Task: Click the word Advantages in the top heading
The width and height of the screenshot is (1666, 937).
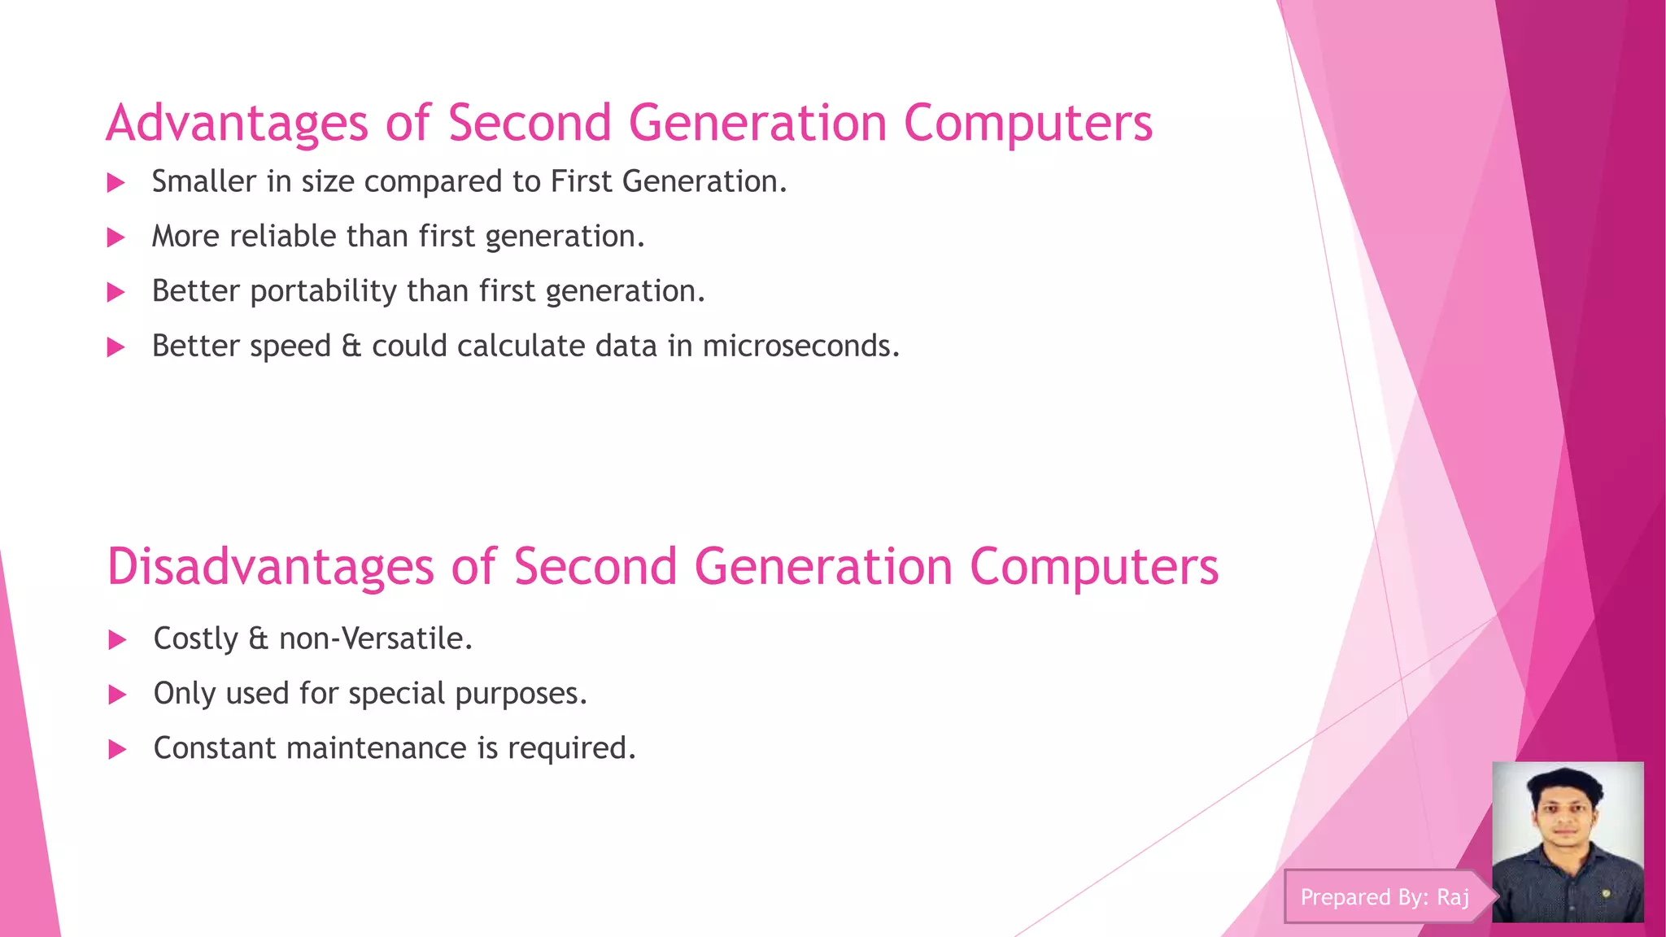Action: coord(237,124)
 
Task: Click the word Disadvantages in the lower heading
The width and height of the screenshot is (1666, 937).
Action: coord(270,567)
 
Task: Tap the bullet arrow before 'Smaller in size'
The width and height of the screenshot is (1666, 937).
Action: coord(116,182)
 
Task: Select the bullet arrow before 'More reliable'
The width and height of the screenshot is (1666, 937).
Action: coord(116,238)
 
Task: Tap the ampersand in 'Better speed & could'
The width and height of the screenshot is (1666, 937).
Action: coord(351,346)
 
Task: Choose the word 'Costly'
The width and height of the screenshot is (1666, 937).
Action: coord(195,639)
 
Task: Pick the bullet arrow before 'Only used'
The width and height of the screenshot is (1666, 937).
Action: coord(118,695)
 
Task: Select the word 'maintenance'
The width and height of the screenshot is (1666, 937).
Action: coord(377,748)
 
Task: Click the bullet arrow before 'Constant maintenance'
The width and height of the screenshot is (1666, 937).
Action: coord(118,749)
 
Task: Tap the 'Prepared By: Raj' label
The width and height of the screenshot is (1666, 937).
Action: coord(1385,897)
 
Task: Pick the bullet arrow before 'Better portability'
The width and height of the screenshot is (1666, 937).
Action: coord(116,293)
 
